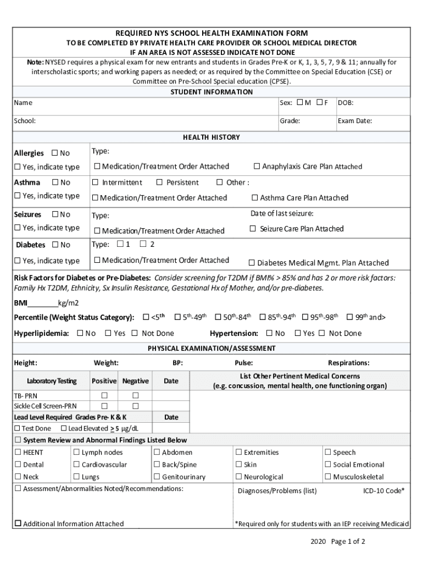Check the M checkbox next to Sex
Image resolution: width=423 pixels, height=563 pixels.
click(300, 102)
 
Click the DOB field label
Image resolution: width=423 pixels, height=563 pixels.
click(346, 103)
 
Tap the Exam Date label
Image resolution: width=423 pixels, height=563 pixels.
click(354, 120)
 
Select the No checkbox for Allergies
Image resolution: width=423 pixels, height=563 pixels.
click(55, 153)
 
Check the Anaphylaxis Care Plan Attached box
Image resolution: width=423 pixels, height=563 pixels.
click(257, 166)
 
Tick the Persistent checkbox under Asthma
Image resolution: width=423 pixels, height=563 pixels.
click(159, 182)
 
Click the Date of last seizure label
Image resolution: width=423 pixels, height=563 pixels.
click(282, 213)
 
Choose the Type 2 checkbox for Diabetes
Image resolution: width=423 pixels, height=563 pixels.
click(143, 244)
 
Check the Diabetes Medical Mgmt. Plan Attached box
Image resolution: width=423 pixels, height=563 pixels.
click(252, 263)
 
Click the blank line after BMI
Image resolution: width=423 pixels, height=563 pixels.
click(42, 303)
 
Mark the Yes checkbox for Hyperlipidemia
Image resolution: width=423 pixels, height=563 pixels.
click(108, 333)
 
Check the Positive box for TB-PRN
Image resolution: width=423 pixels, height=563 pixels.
click(104, 395)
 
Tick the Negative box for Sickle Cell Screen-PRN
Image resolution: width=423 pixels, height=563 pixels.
click(135, 406)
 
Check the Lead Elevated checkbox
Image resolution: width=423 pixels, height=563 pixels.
click(64, 428)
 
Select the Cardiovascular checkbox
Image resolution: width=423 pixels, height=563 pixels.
click(76, 465)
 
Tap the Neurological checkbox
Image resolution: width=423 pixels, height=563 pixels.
click(238, 477)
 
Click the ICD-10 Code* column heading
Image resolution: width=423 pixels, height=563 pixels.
click(383, 490)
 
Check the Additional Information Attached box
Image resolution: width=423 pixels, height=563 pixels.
click(18, 523)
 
